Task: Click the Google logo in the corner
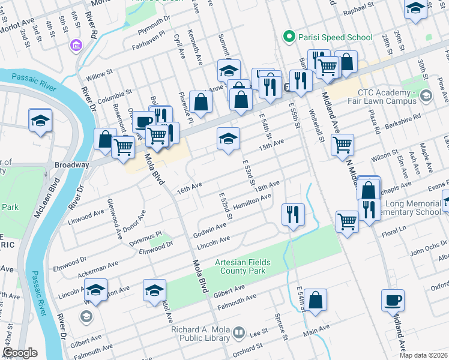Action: pyautogui.click(x=19, y=353)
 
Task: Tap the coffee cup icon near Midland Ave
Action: pyautogui.click(x=393, y=300)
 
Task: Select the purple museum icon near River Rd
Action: pyautogui.click(x=76, y=46)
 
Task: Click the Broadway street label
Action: pyautogui.click(x=72, y=164)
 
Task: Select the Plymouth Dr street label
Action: pyautogui.click(x=154, y=34)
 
